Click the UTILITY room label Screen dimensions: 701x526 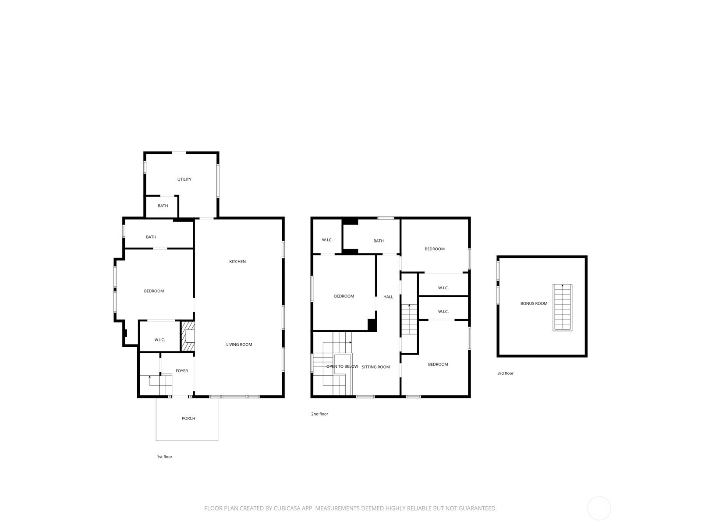click(x=184, y=179)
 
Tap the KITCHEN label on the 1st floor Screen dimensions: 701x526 click(x=237, y=262)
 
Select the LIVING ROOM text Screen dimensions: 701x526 click(x=239, y=345)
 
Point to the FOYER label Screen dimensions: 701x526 click(x=182, y=371)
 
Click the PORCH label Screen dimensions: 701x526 click(x=188, y=418)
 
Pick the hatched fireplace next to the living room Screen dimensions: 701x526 click(x=188, y=336)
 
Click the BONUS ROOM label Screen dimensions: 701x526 click(x=534, y=303)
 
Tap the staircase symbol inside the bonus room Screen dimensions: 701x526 click(x=563, y=308)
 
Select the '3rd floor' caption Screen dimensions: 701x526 click(x=505, y=373)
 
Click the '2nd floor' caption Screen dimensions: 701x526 click(x=320, y=414)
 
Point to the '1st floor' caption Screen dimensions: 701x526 click(x=164, y=457)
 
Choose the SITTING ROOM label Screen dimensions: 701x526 click(x=375, y=367)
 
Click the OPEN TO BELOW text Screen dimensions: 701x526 click(x=342, y=366)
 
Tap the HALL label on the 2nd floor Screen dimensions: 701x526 click(x=388, y=297)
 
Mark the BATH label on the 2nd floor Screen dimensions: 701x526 click(x=379, y=241)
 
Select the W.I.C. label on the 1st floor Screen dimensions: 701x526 click(x=159, y=340)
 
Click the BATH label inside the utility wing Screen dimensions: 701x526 click(x=163, y=206)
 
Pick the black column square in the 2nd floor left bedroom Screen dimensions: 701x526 click(x=372, y=325)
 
